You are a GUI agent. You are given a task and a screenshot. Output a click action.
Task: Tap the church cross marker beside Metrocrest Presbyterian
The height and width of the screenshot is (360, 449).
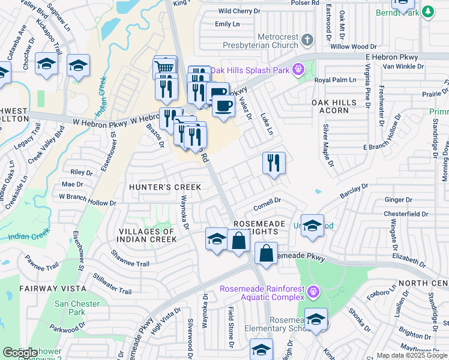click(307, 40)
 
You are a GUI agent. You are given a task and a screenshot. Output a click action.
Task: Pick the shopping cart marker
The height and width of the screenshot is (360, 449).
click(164, 67)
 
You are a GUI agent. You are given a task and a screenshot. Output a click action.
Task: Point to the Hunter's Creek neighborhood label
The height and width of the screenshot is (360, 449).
click(165, 188)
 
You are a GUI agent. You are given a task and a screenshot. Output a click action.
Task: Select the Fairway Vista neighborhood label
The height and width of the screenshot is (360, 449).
click(38, 289)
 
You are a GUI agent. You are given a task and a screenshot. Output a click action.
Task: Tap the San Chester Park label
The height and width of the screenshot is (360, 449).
click(77, 308)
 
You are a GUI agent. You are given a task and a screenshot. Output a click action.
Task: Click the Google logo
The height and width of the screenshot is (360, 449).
click(20, 353)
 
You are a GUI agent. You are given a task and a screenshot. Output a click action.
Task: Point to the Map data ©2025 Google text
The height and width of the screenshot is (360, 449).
click(412, 355)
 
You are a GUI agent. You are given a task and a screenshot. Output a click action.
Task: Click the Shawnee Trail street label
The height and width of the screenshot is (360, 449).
click(129, 262)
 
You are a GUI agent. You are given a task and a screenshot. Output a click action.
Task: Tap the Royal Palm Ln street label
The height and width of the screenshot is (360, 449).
click(331, 80)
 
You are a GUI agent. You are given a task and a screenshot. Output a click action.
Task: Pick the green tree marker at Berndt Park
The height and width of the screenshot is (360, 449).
click(427, 11)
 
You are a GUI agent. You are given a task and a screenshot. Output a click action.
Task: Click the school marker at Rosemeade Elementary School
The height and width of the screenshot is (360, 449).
click(316, 320)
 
